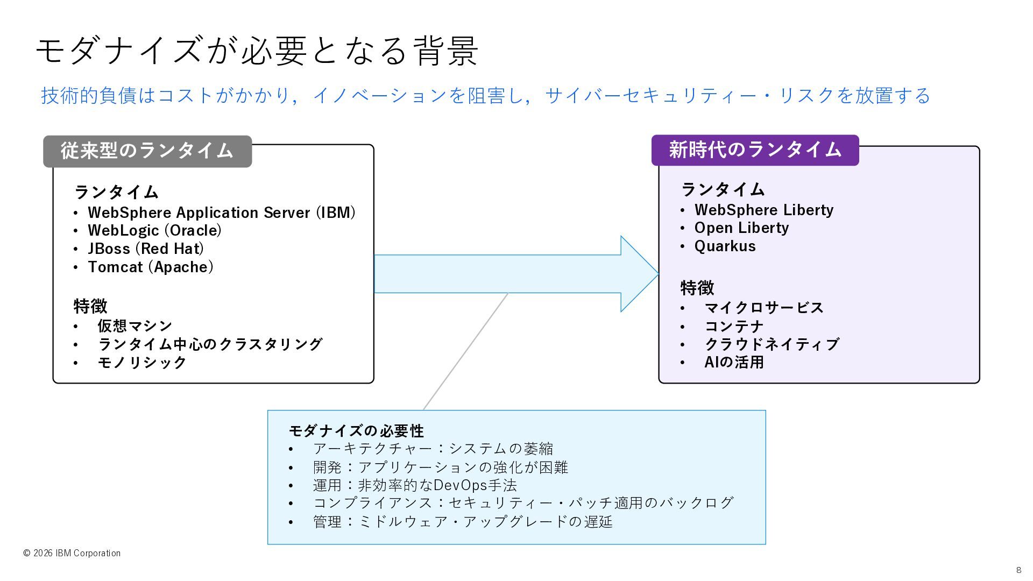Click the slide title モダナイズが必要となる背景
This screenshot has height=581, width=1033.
[257, 51]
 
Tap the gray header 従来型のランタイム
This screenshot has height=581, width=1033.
[147, 151]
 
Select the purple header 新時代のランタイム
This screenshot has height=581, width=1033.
[755, 150]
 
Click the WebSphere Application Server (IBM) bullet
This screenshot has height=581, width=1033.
[221, 212]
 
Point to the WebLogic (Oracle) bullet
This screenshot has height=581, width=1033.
[154, 231]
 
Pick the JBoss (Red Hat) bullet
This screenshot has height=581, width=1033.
[145, 249]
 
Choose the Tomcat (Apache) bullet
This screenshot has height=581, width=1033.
[150, 267]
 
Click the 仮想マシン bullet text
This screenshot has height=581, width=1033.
[135, 325]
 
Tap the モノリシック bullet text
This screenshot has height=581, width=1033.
[141, 362]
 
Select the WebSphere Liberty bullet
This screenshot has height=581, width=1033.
[763, 210]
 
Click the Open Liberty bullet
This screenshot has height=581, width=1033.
[741, 228]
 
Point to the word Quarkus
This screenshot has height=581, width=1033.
[725, 246]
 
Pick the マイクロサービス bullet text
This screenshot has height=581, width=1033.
[764, 308]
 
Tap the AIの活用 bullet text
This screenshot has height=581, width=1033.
[734, 362]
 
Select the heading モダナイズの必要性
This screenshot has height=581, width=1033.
[356, 430]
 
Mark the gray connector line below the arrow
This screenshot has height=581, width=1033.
[465, 351]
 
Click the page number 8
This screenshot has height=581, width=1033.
[1018, 570]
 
